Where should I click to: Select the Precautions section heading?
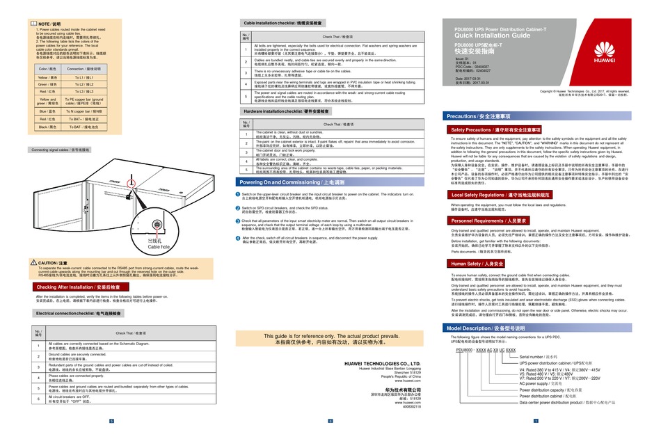click(x=481, y=115)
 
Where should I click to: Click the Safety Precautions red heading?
click(x=495, y=130)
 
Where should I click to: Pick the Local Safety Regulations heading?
click(x=501, y=195)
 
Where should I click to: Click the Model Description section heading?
click(x=488, y=328)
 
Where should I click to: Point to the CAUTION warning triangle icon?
click(x=33, y=262)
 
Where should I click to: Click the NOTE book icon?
click(x=33, y=24)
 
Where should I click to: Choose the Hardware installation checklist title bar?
click(x=286, y=111)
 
